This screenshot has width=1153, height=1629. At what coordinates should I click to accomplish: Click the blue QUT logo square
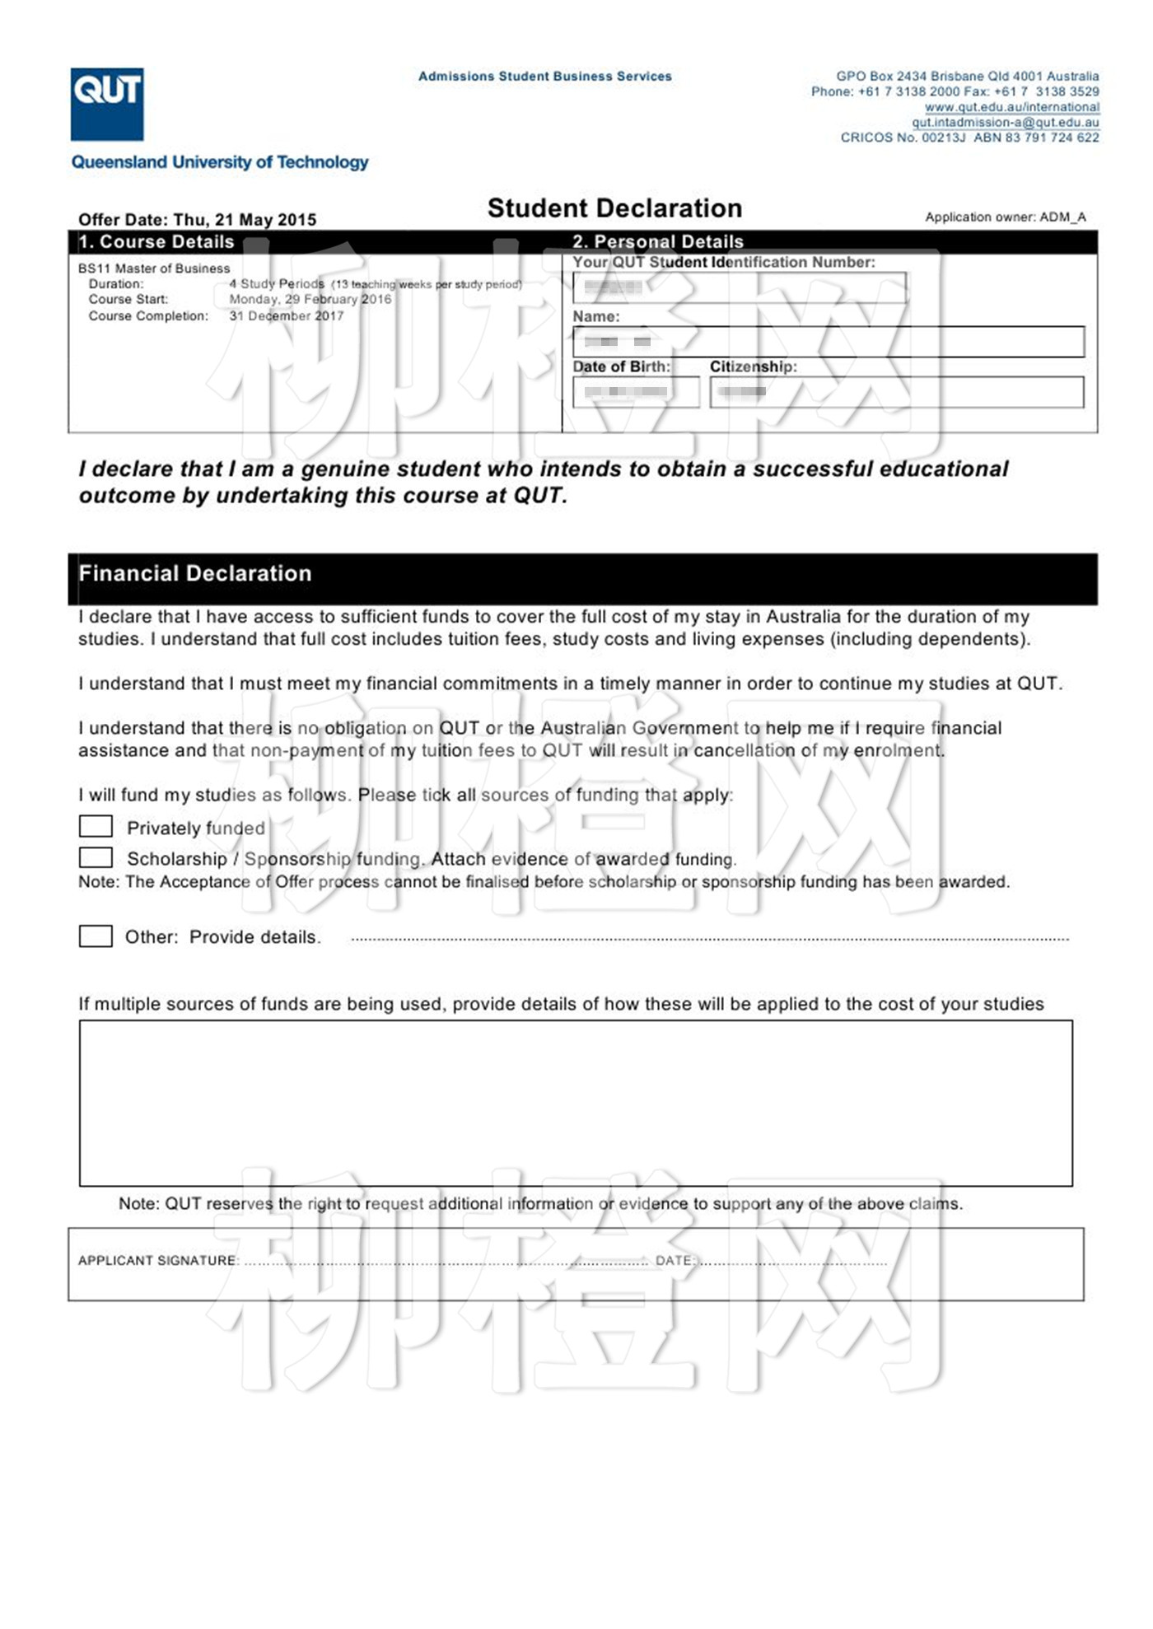pyautogui.click(x=107, y=104)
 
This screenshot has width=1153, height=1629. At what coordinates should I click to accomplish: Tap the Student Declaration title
pyautogui.click(x=614, y=208)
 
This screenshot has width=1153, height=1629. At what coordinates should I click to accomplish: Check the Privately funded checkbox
pyautogui.click(x=96, y=826)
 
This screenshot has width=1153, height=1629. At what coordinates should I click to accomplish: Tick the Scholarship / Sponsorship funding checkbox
pyautogui.click(x=96, y=857)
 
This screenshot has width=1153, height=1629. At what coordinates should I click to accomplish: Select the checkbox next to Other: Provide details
pyautogui.click(x=96, y=936)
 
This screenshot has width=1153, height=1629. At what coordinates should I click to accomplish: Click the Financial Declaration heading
pyautogui.click(x=195, y=573)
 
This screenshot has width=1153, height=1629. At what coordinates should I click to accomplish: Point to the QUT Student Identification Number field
pyautogui.click(x=739, y=287)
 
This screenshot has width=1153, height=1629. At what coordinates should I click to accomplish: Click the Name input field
pyautogui.click(x=828, y=342)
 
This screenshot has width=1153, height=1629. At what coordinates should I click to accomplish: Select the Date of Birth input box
pyautogui.click(x=636, y=392)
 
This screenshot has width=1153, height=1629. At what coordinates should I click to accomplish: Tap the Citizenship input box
pyautogui.click(x=896, y=392)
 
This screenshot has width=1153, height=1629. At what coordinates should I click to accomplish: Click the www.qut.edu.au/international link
pyautogui.click(x=1011, y=107)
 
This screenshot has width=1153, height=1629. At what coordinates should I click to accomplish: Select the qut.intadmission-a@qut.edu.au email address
pyautogui.click(x=1005, y=123)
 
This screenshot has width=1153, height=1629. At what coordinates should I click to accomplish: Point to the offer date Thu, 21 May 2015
pyautogui.click(x=245, y=220)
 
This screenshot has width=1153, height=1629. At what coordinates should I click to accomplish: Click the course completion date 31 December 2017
pyautogui.click(x=287, y=315)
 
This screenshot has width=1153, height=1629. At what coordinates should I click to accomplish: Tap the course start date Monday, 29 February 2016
pyautogui.click(x=310, y=299)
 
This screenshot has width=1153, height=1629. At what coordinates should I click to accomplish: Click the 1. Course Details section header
pyautogui.click(x=156, y=242)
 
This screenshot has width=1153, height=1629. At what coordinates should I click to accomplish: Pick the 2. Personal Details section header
pyautogui.click(x=657, y=242)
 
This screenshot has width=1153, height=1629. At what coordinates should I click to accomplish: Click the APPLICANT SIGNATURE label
pyautogui.click(x=157, y=1260)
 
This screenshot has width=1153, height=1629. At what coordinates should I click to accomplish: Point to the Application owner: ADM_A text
pyautogui.click(x=1005, y=217)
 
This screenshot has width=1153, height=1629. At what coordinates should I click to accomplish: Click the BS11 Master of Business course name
pyautogui.click(x=154, y=268)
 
